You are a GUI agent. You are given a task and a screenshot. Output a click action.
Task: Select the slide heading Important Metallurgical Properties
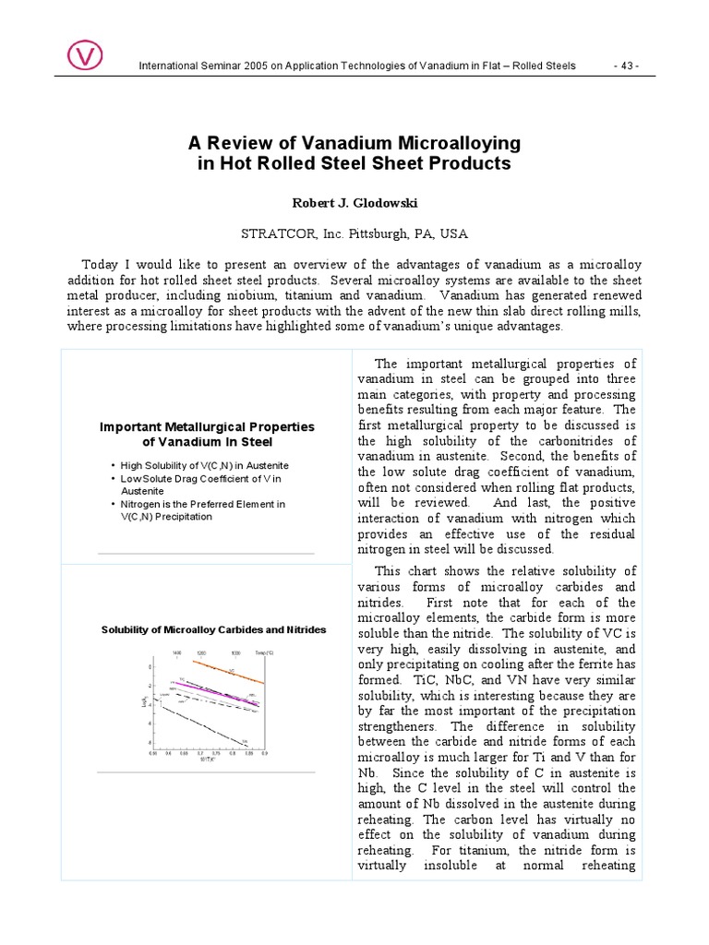click(207, 427)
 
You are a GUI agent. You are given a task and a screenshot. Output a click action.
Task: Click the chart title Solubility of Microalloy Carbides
click(213, 629)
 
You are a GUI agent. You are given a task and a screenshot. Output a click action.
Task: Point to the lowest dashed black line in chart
click(203, 722)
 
